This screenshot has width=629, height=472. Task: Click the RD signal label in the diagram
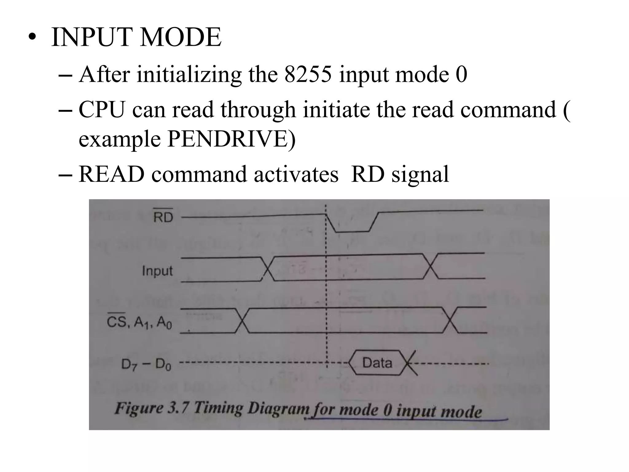163,217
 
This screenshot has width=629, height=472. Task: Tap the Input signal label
157,271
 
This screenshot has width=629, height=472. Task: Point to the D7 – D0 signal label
146,364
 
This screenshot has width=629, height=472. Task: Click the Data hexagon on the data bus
377,363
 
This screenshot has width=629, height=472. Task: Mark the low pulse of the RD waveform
352,231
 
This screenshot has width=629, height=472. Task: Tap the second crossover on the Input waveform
431,266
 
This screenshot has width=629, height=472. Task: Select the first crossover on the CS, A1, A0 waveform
242,321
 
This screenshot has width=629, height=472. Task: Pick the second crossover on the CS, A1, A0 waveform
450,320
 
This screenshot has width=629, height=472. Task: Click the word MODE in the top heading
181,37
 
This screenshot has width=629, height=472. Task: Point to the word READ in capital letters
111,174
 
